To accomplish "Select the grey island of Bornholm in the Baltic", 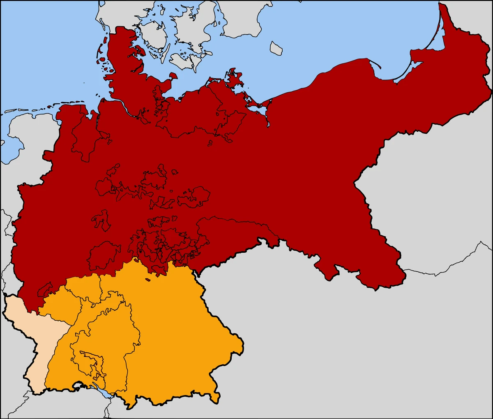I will click(x=276, y=48).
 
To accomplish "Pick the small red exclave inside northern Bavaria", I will click(x=147, y=280).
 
